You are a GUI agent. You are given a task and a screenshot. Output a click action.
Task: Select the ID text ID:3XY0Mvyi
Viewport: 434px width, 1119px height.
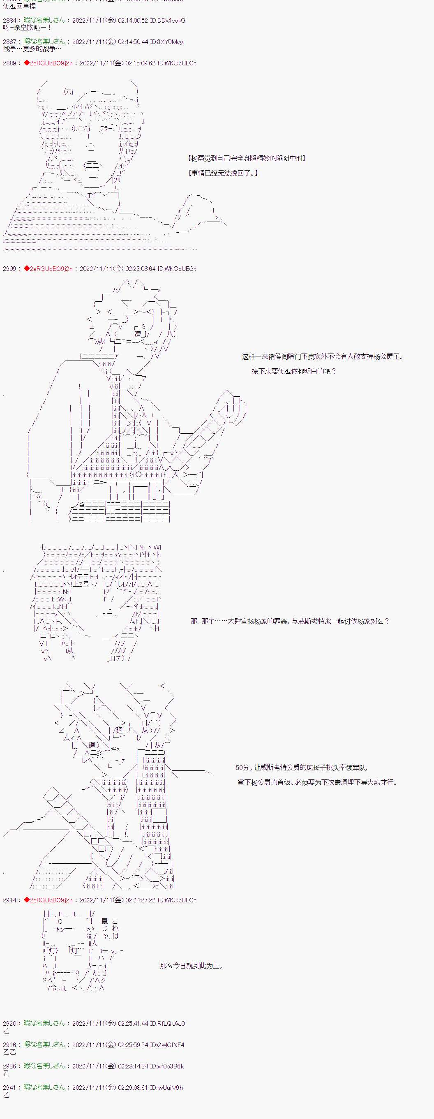coord(167,42)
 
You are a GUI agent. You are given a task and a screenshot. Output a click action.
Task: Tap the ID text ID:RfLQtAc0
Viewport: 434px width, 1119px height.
coord(167,1024)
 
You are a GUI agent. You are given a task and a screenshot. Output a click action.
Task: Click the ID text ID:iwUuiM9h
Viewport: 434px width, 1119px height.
coord(166,1087)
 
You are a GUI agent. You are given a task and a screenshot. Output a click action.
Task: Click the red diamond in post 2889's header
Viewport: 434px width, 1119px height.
coord(26,63)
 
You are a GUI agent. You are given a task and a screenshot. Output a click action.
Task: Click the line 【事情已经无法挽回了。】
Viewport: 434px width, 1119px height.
coord(223,173)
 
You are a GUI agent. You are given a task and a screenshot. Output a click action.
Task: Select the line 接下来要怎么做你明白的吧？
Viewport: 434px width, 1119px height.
coord(294,371)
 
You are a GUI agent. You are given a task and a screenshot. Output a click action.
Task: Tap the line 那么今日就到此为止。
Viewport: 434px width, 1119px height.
coord(192,966)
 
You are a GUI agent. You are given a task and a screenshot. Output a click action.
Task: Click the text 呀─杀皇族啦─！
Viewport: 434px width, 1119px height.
coord(28,28)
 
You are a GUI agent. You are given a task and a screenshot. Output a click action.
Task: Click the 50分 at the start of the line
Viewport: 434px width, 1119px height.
coord(242,768)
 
